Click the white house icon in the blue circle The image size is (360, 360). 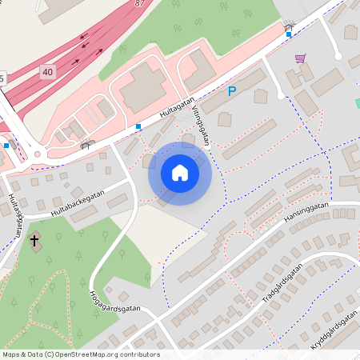coord(180,173)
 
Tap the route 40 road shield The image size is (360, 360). coord(48,72)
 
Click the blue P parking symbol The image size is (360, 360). coord(232,92)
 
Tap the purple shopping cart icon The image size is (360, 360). coord(300,58)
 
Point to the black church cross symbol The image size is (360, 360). coord(34,239)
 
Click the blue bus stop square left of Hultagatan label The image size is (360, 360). coord(138,126)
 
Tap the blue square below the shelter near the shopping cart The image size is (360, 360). coord(288,34)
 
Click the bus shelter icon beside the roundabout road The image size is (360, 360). coord(87,144)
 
